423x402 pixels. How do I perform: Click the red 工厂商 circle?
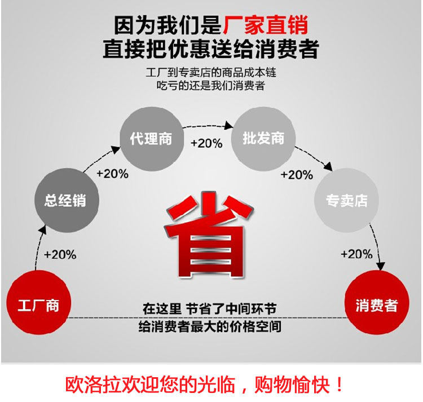tap(38, 303)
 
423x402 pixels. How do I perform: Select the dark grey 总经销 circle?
tap(67, 200)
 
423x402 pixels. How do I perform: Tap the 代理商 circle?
tap(152, 139)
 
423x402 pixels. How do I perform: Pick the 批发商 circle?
tap(263, 139)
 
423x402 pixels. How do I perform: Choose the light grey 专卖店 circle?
tap(346, 200)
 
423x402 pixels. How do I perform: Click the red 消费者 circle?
tap(377, 303)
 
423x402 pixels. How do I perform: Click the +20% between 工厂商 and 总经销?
tap(60, 254)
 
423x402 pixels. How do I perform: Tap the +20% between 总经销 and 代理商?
tap(112, 174)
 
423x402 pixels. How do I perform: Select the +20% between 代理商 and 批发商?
tap(206, 143)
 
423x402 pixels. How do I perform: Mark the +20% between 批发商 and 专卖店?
tap(297, 175)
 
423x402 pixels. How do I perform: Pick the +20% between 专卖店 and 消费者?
tap(356, 254)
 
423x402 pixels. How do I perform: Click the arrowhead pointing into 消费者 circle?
tap(380, 266)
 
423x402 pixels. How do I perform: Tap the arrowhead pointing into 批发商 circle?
tap(229, 125)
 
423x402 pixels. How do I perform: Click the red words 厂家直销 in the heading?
tap(266, 25)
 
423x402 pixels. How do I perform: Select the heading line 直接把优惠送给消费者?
tap(211, 49)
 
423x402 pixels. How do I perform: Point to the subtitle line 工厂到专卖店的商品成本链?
tap(211, 73)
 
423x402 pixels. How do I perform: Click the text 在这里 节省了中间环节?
tap(210, 309)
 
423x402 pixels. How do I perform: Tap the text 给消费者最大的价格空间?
tap(210, 326)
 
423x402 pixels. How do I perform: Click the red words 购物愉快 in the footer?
tap(292, 385)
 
